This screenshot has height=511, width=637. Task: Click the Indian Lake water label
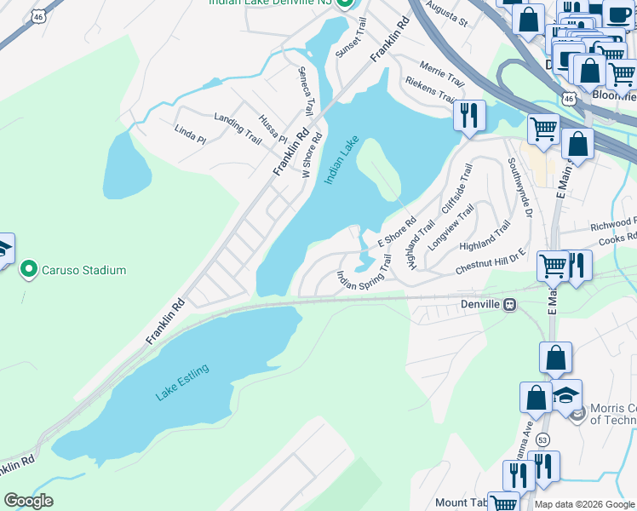(x=341, y=160)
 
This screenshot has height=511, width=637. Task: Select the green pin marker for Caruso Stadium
(x=28, y=271)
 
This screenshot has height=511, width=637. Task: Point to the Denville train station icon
(x=509, y=305)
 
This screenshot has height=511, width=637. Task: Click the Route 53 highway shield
(x=543, y=439)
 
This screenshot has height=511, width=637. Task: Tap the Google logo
(x=28, y=501)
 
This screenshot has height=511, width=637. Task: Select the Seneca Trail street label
(x=305, y=91)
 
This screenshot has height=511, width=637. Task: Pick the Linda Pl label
(x=190, y=135)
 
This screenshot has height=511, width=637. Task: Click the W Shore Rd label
(x=313, y=154)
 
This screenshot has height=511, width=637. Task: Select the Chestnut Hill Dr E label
(x=491, y=262)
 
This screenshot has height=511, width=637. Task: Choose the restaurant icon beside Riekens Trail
(x=468, y=114)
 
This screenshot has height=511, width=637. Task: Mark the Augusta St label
(x=450, y=14)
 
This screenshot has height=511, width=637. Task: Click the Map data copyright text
(x=584, y=504)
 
